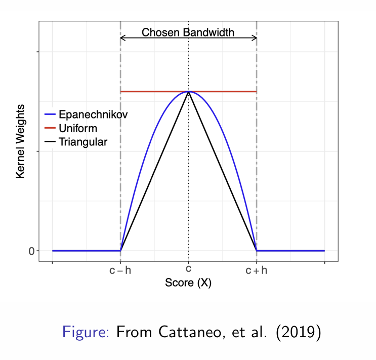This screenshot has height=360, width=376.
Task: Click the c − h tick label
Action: tap(120, 270)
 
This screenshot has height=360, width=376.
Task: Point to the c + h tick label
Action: tap(257, 270)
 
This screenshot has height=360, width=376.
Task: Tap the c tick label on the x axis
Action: tap(188, 269)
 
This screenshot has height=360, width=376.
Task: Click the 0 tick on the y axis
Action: tap(31, 251)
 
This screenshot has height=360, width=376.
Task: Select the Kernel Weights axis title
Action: tap(21, 141)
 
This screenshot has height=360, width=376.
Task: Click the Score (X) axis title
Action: tap(188, 283)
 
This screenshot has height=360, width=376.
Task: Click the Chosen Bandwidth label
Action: tap(188, 32)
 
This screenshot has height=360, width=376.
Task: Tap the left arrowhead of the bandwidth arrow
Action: tap(122, 37)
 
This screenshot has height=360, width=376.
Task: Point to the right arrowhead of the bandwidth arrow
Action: tap(255, 37)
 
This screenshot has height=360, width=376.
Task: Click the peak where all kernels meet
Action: tap(188, 92)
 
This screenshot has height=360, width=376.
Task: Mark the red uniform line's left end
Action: tap(121, 92)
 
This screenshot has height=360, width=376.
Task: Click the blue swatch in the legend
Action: tap(51, 114)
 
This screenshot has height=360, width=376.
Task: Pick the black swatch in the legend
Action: tap(51, 142)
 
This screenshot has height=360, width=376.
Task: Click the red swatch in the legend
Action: tap(51, 128)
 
